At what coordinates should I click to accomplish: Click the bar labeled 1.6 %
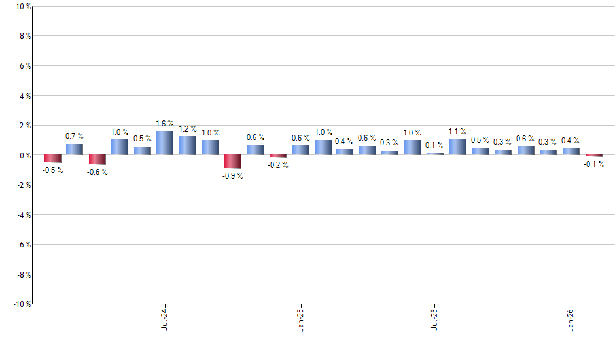tap(164, 143)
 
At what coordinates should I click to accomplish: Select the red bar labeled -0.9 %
tap(232, 162)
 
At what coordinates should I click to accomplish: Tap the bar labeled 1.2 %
tap(187, 145)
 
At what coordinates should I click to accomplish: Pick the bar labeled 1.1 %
tap(457, 147)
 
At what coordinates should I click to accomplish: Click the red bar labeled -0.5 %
tap(53, 158)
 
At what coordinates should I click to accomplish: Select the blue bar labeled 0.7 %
tap(75, 149)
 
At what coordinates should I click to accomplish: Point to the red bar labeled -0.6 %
tap(97, 160)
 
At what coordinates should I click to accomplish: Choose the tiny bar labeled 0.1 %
tap(435, 154)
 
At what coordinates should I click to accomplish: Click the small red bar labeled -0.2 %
tap(277, 156)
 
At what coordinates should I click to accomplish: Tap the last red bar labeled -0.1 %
tap(593, 156)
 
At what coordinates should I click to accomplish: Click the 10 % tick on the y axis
tap(20, 7)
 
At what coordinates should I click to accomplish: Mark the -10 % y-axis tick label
tap(19, 304)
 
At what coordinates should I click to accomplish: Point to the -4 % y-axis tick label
tap(21, 215)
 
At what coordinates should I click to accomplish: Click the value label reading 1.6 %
tap(164, 124)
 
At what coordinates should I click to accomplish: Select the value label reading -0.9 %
tap(232, 176)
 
